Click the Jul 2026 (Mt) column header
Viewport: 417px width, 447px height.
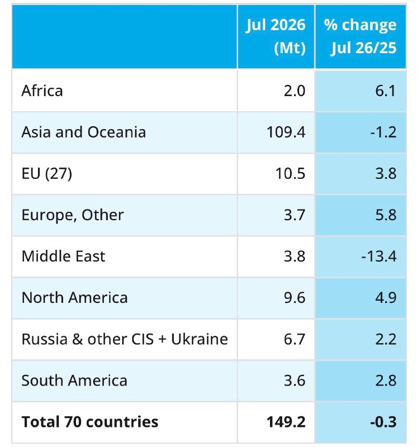point(276,36)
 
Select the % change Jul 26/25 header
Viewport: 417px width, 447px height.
point(360,36)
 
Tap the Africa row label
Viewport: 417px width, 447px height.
point(42,91)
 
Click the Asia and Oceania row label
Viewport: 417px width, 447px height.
point(84,132)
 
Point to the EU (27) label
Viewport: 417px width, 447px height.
point(47,174)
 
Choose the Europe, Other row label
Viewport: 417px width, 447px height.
point(73,215)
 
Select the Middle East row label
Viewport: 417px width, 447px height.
point(63,256)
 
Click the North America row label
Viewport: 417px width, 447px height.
point(74,298)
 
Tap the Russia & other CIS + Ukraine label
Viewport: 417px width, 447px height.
point(125,339)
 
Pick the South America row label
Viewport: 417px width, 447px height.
point(74,381)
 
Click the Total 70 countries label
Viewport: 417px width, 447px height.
point(90,422)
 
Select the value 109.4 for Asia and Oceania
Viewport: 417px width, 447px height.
point(286,132)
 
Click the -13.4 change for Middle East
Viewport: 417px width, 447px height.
point(379,256)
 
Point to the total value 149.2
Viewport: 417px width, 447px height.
point(286,422)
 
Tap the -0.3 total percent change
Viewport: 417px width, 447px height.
point(383,422)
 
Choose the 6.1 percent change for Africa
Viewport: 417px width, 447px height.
point(386,91)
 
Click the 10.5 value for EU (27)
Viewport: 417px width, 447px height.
point(290,174)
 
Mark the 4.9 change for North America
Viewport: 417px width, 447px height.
point(386,298)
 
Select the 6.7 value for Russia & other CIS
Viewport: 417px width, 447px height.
point(295,339)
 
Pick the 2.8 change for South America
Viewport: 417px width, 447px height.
point(386,381)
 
